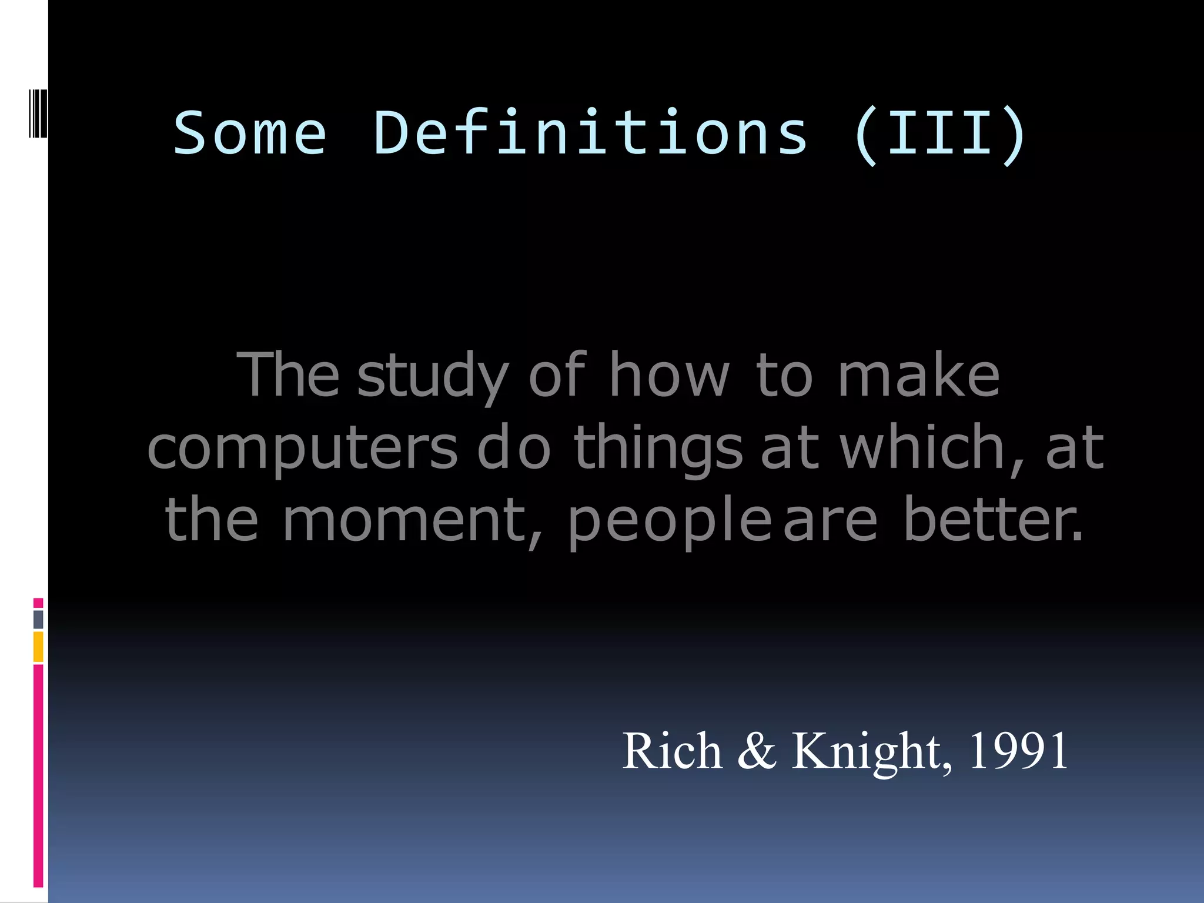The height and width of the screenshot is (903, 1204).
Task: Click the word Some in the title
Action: (x=250, y=134)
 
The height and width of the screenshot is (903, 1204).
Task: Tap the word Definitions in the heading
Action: (x=590, y=134)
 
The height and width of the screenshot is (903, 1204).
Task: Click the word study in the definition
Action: (x=433, y=376)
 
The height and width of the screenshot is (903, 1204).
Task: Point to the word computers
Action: (x=302, y=450)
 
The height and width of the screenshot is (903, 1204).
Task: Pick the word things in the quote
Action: (x=658, y=450)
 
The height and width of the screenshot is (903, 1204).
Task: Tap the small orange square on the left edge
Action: (x=38, y=647)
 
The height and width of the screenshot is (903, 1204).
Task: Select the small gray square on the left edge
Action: (x=38, y=619)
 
